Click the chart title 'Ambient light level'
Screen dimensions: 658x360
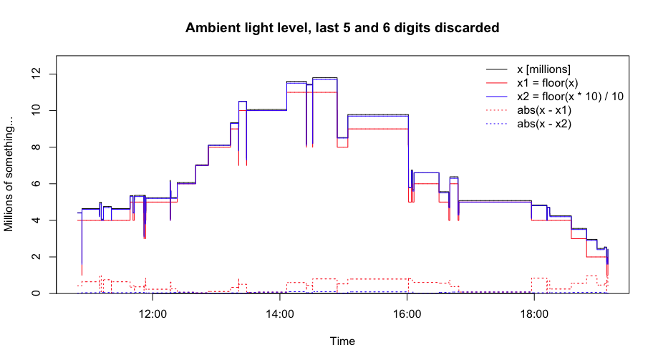pyautogui.click(x=248, y=28)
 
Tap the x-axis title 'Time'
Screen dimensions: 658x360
pyautogui.click(x=342, y=341)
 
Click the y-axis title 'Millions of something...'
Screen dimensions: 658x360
pyautogui.click(x=9, y=174)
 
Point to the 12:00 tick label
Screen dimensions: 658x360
pyautogui.click(x=153, y=314)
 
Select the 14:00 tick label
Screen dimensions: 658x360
pyautogui.click(x=280, y=314)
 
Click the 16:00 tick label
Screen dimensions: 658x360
pyautogui.click(x=407, y=314)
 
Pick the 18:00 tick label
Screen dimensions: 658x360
pyautogui.click(x=534, y=314)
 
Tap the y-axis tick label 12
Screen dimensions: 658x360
pyautogui.click(x=36, y=74)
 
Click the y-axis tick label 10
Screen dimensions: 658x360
pyautogui.click(x=36, y=110)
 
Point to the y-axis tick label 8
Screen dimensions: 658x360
pyautogui.click(x=36, y=147)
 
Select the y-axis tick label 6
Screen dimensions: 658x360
pyautogui.click(x=36, y=183)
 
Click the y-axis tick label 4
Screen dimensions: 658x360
pyautogui.click(x=36, y=220)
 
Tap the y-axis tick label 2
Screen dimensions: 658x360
pyautogui.click(x=36, y=257)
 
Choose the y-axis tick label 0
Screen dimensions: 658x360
pyautogui.click(x=36, y=293)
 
